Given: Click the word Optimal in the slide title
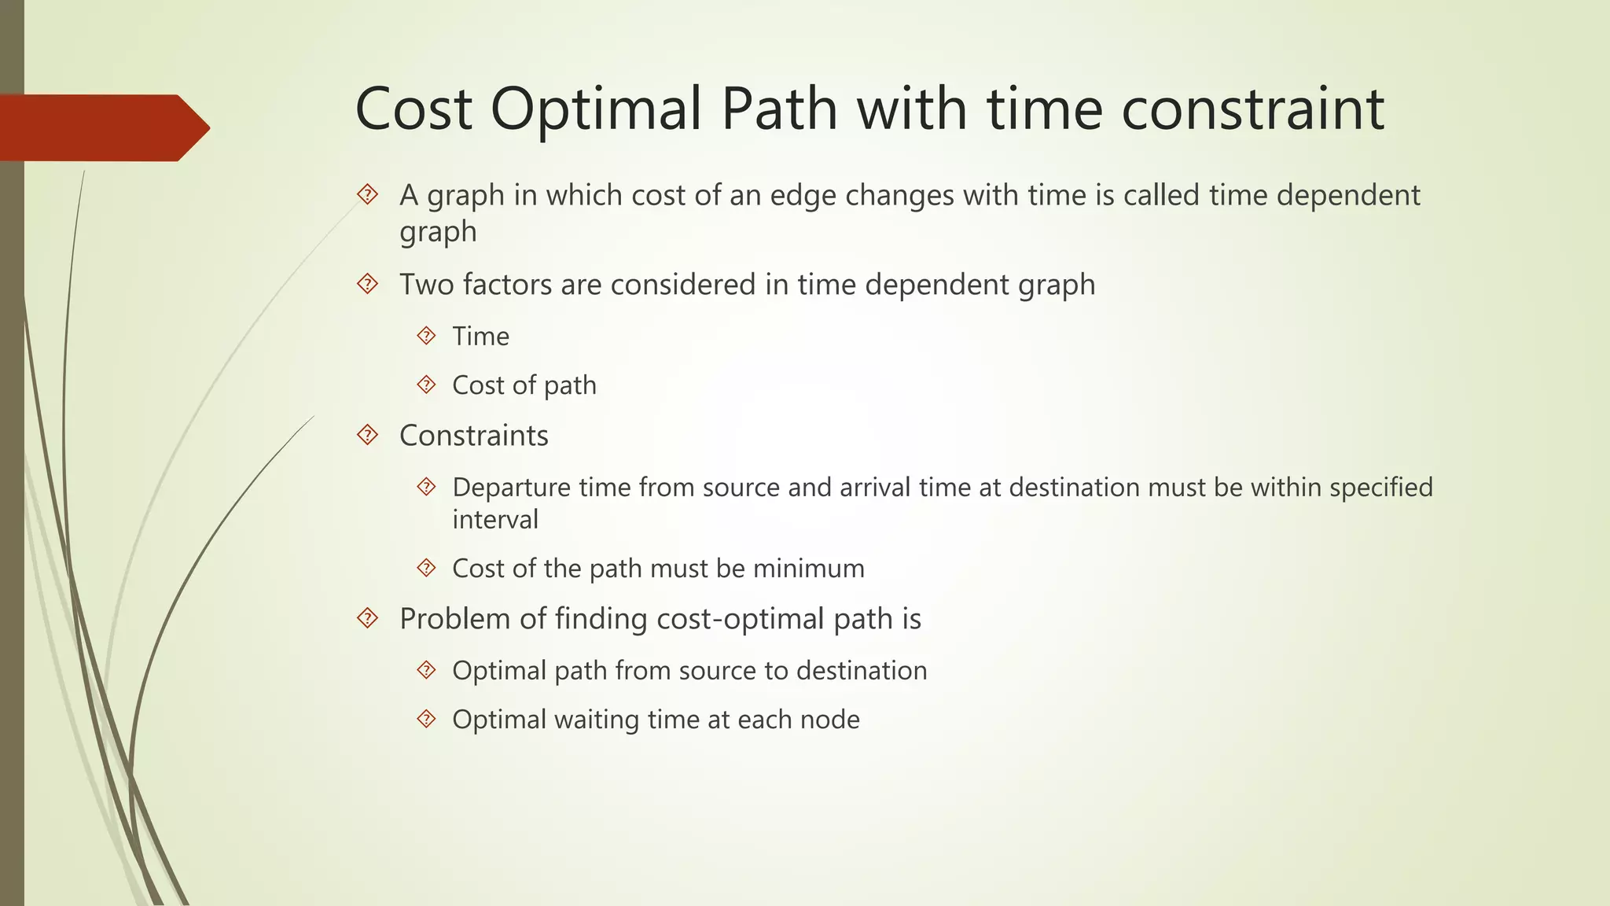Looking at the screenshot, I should point(595,109).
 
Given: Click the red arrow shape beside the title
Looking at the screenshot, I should point(102,127).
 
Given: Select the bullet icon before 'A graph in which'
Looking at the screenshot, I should point(367,194).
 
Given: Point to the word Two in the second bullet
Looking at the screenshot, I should point(425,285).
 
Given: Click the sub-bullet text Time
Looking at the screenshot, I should point(480,337).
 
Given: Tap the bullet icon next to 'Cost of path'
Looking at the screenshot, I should point(426,385).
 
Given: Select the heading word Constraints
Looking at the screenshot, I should point(473,436).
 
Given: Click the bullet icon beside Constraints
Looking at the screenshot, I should point(367,435).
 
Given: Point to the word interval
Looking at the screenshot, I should point(495,520).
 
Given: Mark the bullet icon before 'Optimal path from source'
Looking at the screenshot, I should point(426,670).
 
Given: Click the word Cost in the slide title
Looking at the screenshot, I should point(414,109).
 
